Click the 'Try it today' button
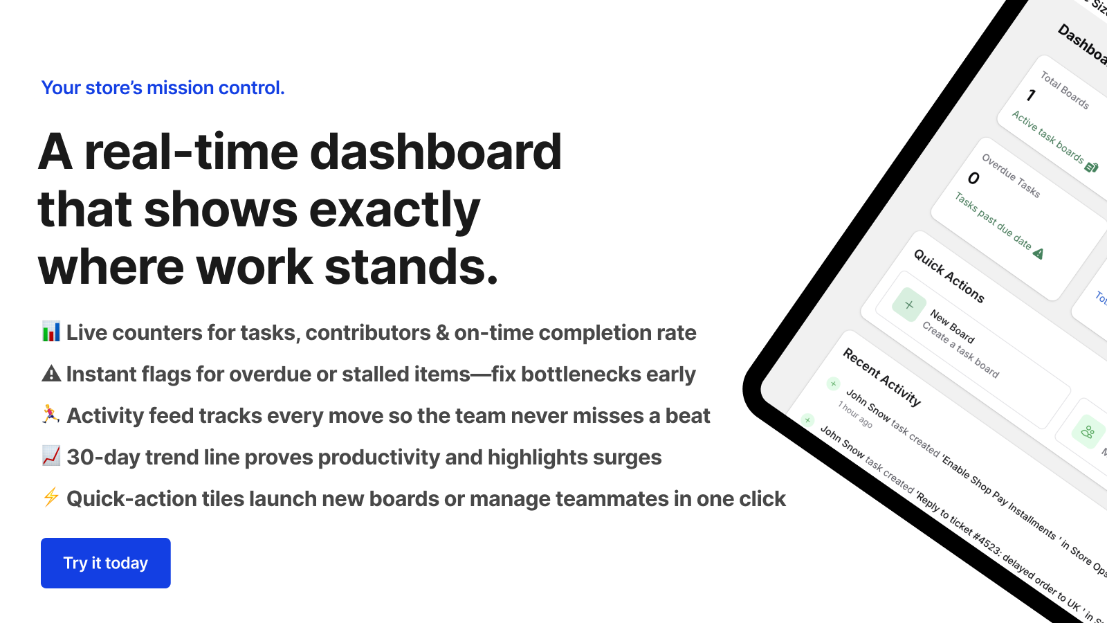click(106, 563)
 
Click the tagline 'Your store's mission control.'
click(163, 88)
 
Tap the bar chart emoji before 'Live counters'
click(51, 332)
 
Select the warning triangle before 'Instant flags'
click(51, 374)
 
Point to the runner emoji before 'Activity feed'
click(51, 415)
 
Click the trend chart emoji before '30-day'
click(51, 456)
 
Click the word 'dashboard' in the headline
click(436, 152)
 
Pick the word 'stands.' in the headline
click(411, 267)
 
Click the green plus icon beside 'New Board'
click(909, 305)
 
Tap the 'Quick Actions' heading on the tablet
click(949, 276)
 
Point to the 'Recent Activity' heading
click(881, 377)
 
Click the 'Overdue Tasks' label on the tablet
click(1010, 175)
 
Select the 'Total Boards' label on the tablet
click(1064, 90)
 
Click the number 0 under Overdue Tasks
click(973, 179)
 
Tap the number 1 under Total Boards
click(1031, 95)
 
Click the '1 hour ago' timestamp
click(855, 414)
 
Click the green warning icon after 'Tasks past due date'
click(1038, 253)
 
